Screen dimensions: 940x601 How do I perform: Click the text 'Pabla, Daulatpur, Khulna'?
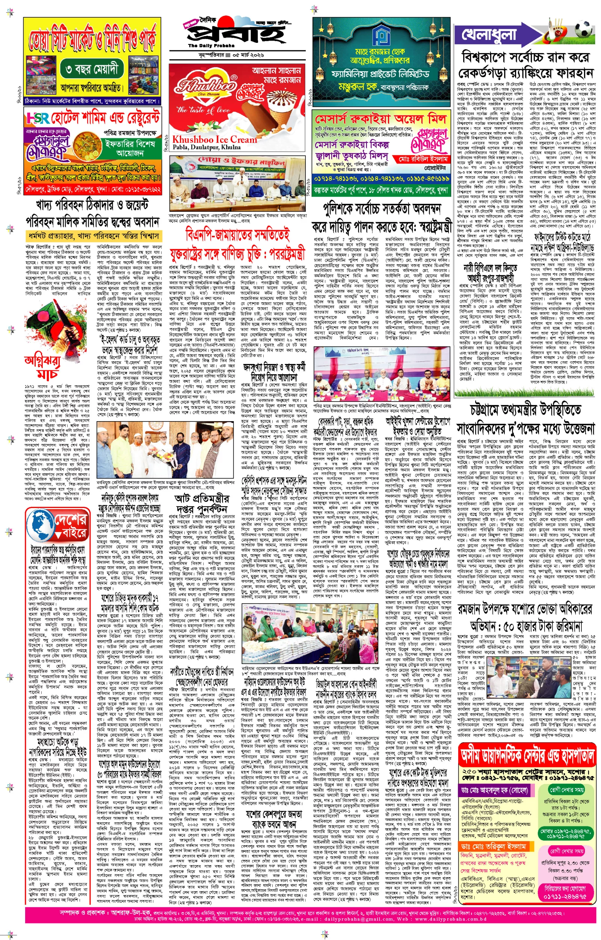(x=207, y=147)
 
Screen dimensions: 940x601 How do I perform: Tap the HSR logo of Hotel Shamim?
(x=38, y=118)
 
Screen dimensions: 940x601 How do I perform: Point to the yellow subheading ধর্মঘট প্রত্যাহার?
(x=94, y=236)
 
